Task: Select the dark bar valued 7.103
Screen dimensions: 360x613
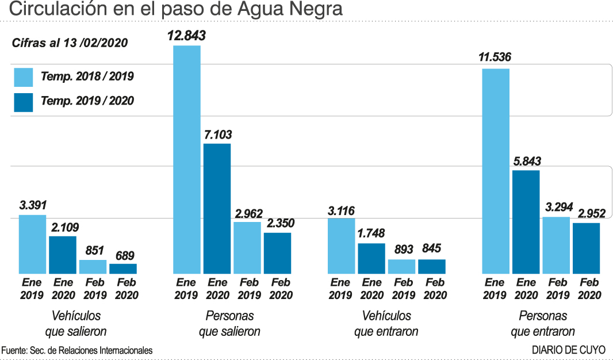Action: click(217, 208)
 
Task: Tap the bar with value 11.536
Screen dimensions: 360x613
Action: click(496, 171)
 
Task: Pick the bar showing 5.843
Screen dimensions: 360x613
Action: click(526, 221)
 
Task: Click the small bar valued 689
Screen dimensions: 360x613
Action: click(123, 269)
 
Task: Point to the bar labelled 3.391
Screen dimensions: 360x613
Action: click(32, 244)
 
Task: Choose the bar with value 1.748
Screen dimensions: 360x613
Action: click(371, 258)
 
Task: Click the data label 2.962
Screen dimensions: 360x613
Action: click(248, 213)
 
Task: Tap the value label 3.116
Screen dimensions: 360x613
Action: click(342, 210)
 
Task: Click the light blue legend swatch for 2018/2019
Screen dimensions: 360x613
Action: click(24, 77)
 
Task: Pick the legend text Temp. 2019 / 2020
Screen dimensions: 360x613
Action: click(87, 101)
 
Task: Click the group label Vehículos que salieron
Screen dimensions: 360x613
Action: click(76, 324)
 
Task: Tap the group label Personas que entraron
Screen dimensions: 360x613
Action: click(542, 324)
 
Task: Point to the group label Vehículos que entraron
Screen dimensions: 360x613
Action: click(386, 324)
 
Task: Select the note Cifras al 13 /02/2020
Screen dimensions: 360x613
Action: click(70, 43)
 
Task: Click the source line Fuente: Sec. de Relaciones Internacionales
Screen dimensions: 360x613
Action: click(77, 350)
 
